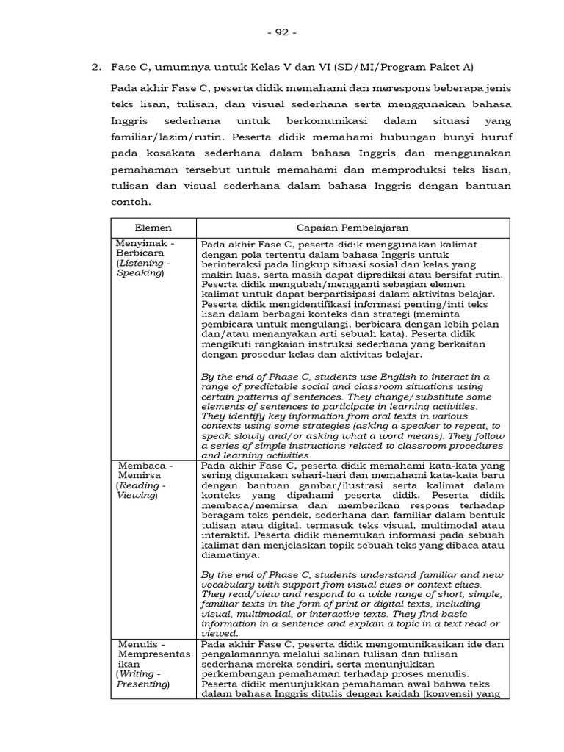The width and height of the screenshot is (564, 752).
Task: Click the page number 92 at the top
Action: pos(282,32)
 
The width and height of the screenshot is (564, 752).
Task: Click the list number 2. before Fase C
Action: pos(95,68)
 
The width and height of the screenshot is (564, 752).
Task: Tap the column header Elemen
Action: pos(153,228)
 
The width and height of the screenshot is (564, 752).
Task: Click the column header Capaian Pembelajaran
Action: pos(352,228)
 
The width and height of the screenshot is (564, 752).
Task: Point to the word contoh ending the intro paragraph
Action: pos(130,200)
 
